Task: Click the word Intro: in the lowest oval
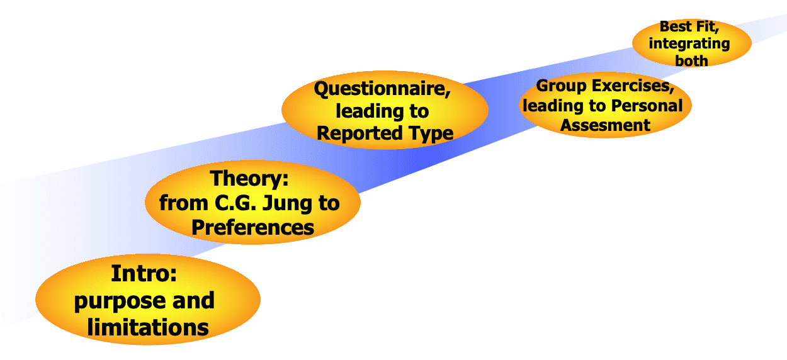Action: [144, 274]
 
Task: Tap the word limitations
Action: [148, 327]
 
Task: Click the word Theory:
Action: [249, 179]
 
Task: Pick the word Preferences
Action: [252, 227]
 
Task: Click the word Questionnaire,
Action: [382, 89]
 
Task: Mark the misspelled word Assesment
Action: [605, 125]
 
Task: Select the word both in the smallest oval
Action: [691, 61]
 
